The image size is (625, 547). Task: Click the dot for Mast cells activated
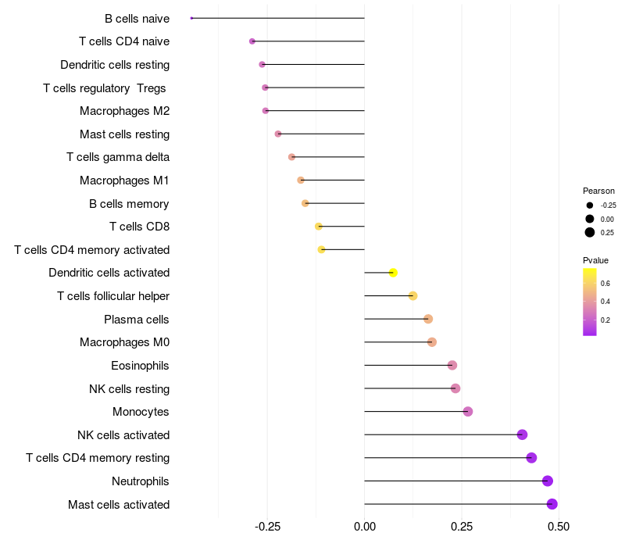click(x=552, y=504)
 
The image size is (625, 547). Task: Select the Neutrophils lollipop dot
click(x=547, y=481)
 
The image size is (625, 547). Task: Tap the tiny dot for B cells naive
click(x=191, y=18)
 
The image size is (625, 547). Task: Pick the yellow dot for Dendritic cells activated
click(x=393, y=273)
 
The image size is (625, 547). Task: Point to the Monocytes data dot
click(x=467, y=411)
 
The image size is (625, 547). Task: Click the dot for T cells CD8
click(x=318, y=227)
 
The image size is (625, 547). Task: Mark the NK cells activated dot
click(x=522, y=434)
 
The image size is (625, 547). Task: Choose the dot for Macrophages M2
click(x=265, y=111)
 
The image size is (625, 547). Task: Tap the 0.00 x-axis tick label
click(x=365, y=527)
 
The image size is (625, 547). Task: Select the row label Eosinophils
click(x=140, y=366)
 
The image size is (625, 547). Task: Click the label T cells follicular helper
click(x=113, y=296)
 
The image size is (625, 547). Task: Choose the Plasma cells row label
click(x=137, y=320)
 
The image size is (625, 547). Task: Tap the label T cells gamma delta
click(x=118, y=157)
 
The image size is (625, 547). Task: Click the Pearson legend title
click(x=598, y=191)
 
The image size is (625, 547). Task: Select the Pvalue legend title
click(x=595, y=260)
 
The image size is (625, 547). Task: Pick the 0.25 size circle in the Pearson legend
click(x=590, y=232)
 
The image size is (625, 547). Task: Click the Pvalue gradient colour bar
click(x=590, y=302)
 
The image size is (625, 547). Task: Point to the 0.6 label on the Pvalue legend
click(x=605, y=283)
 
